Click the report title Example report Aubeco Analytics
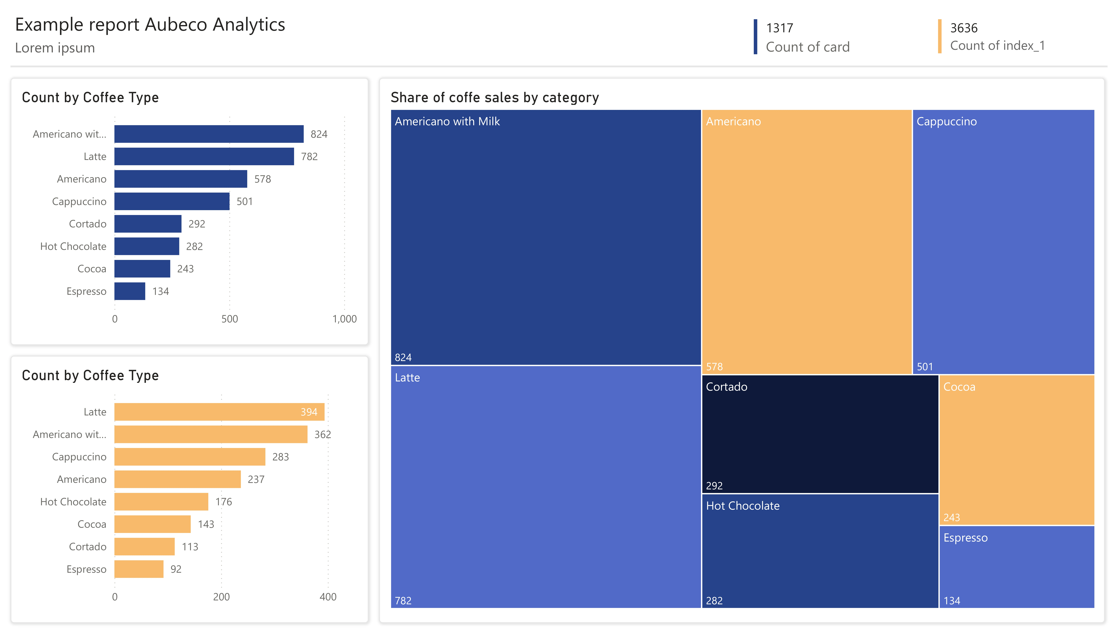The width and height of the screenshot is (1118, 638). point(150,25)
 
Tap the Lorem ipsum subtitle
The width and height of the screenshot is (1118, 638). point(55,48)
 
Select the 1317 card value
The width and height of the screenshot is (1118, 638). point(779,28)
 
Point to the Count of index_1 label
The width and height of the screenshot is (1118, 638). point(997,46)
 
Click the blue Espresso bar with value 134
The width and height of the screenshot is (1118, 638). point(130,291)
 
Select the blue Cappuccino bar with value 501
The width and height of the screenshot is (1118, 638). point(172,202)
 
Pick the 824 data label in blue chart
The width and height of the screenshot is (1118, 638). point(319,134)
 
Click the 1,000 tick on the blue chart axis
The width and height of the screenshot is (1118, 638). point(344,319)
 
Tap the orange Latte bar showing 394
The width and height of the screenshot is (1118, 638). point(219,412)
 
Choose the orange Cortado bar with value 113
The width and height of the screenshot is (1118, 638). point(145,547)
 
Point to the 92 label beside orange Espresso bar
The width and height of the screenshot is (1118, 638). point(176,569)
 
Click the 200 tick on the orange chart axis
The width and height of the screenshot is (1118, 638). point(221,597)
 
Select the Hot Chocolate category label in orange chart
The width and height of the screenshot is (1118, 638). point(73,502)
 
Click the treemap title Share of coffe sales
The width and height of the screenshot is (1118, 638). point(494,97)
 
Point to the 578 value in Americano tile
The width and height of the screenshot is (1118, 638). point(714,367)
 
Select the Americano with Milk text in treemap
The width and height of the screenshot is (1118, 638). point(447,121)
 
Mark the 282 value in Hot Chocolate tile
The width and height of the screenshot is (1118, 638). point(714,601)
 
